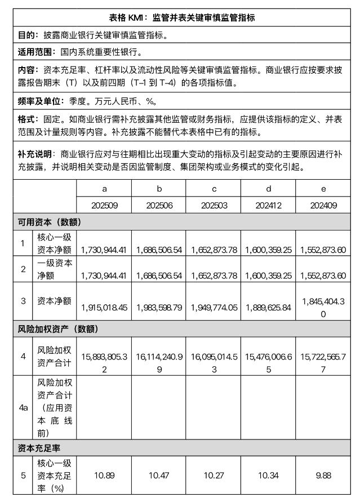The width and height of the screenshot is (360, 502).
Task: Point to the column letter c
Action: tap(214, 189)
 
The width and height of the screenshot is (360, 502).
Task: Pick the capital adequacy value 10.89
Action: tap(104, 476)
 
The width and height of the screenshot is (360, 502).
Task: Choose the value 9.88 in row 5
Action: tap(323, 476)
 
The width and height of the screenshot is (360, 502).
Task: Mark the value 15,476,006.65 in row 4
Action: tap(269, 356)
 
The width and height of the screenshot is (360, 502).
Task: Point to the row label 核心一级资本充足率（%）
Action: tap(54, 476)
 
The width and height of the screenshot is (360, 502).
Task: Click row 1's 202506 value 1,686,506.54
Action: tap(159, 248)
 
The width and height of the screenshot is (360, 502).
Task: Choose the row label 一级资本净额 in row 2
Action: tap(54, 269)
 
